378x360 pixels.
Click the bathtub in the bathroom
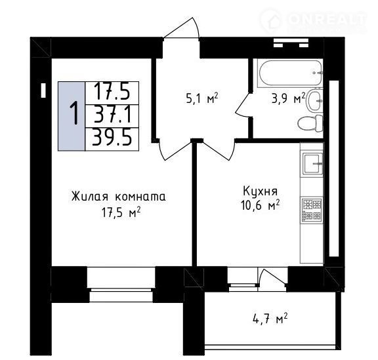coord(290,73)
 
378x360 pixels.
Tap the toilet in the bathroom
coord(310,123)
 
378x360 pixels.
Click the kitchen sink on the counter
coord(312,164)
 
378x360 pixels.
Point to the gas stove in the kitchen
coord(312,210)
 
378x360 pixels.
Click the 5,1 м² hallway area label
coord(202,98)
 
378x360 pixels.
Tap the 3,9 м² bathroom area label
coord(288,98)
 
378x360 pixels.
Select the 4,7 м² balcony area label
coord(270,319)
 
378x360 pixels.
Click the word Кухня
coord(260,191)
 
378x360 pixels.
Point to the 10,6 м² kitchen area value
coord(260,205)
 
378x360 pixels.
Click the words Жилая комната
coord(119,196)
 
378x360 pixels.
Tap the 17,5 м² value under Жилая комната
coord(121,212)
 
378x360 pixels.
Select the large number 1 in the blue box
coord(74,113)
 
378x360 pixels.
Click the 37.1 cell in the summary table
coord(112,116)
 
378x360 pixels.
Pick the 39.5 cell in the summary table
coord(112,139)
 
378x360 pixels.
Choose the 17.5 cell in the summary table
coord(112,93)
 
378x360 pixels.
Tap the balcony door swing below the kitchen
coord(272,277)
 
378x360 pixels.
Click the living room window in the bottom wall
coord(121,285)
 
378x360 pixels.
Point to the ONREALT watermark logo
coord(314,20)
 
